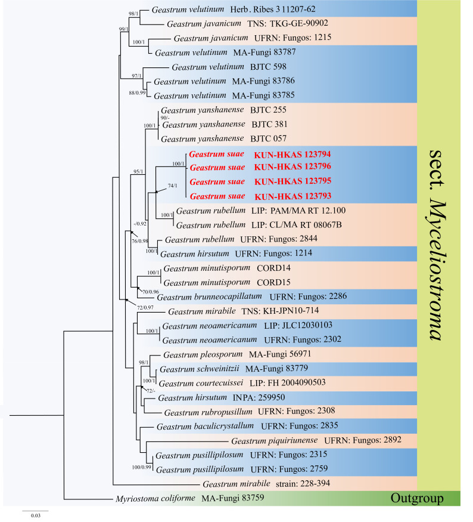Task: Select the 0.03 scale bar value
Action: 36,516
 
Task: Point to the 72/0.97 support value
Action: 144,307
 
